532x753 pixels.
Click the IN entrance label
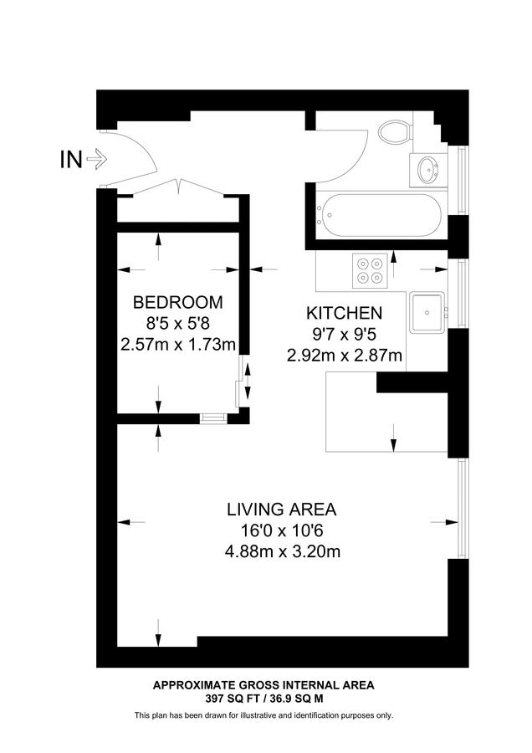point(70,159)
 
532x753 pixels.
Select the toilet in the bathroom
point(394,131)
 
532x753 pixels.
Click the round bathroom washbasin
point(429,171)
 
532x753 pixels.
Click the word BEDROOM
point(178,302)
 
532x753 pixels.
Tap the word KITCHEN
point(344,314)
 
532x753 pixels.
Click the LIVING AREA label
point(281,509)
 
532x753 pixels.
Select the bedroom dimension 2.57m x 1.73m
point(178,344)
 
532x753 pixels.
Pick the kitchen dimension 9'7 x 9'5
point(344,335)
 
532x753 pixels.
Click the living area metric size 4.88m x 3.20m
point(281,551)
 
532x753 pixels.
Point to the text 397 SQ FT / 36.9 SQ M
point(263,698)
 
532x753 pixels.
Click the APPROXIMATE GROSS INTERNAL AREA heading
point(263,684)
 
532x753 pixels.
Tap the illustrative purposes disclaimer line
point(263,715)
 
